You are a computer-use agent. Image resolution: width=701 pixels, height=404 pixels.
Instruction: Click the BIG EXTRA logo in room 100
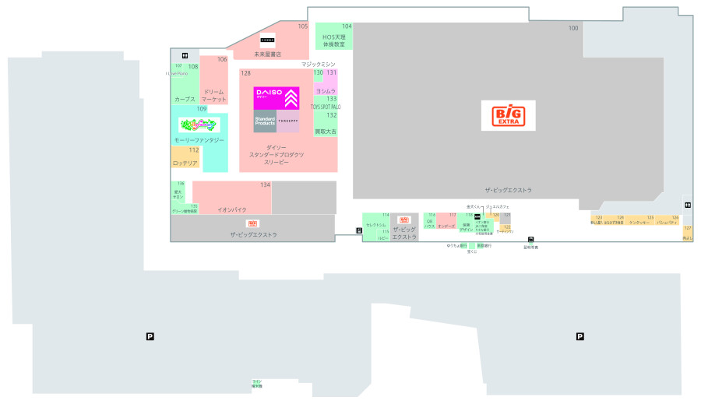[508, 115]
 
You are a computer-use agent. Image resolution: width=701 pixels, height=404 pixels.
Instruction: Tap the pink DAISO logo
[276, 98]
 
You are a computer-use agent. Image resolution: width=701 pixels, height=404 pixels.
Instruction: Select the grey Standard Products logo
[265, 121]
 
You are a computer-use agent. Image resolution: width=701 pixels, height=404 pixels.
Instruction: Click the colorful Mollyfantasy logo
[199, 125]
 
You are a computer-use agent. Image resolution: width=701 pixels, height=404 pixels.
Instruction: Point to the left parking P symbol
[150, 336]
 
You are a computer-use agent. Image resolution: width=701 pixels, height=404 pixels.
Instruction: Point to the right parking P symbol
[579, 336]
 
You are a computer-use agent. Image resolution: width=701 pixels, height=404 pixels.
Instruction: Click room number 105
[303, 26]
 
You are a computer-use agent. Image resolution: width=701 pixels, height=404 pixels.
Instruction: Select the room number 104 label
[347, 26]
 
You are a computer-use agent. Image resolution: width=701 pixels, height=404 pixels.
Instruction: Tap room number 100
[573, 28]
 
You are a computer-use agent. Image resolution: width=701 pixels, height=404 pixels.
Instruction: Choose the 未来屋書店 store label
[267, 54]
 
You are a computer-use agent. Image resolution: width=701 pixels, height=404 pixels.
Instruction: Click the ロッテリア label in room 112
[185, 163]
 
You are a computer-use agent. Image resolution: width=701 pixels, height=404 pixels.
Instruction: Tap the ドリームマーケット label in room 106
[213, 96]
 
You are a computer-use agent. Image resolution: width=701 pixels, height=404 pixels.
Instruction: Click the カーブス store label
[185, 100]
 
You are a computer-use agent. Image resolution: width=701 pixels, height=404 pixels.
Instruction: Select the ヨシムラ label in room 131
[326, 91]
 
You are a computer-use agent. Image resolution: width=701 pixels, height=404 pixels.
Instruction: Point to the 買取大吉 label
[326, 132]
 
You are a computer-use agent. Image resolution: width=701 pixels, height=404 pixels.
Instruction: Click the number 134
[266, 185]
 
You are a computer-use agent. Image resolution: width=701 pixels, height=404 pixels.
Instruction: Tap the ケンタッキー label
[639, 223]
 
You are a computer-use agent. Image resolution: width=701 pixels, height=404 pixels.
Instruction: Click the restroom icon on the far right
[688, 205]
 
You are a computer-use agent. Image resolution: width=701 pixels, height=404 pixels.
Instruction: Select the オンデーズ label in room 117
[446, 227]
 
